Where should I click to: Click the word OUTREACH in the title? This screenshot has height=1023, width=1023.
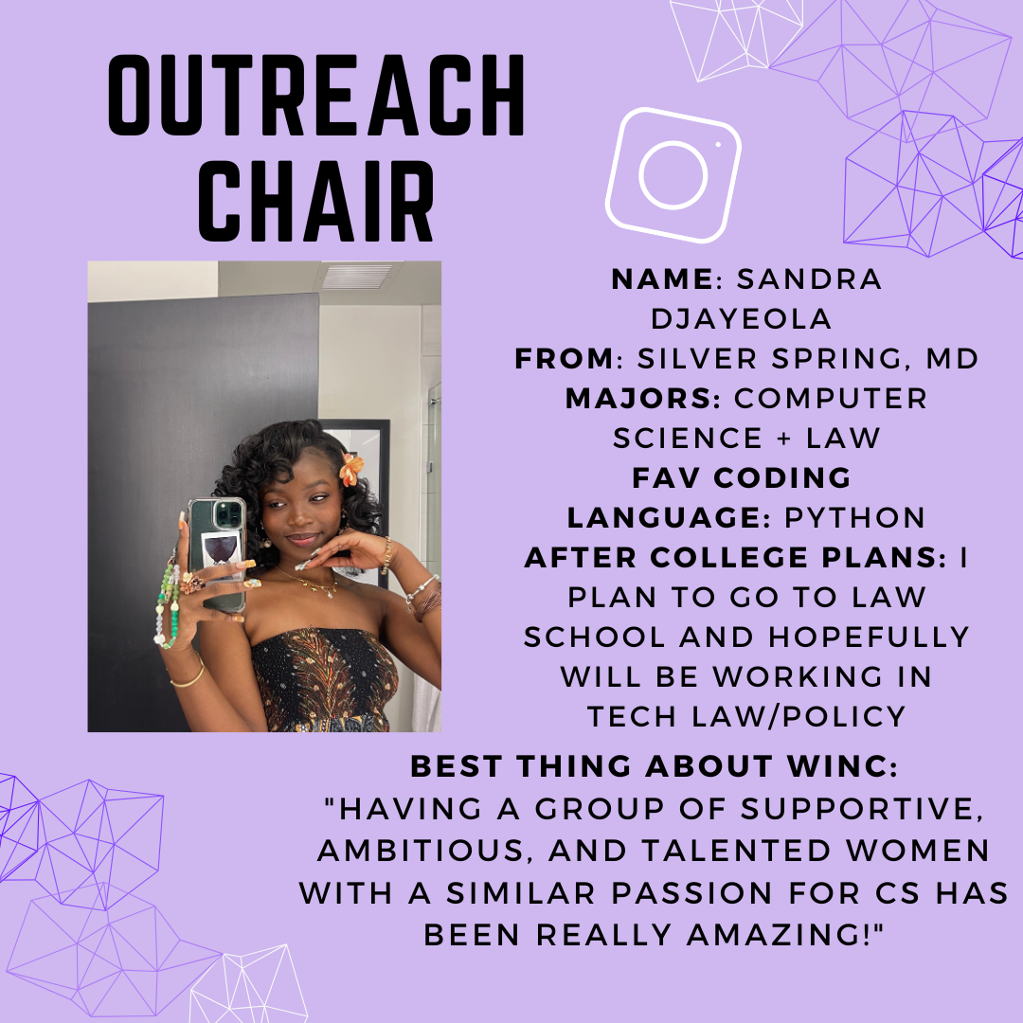pos(316,96)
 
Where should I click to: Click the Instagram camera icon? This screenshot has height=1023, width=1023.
pos(673,175)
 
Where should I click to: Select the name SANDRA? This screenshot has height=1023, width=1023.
pos(809,279)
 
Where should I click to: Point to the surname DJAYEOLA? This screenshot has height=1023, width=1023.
pos(741,319)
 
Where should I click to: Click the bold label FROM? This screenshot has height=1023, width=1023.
pos(564,359)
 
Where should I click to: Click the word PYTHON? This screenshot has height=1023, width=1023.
pos(854,518)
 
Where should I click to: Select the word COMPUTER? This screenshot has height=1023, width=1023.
pos(831,399)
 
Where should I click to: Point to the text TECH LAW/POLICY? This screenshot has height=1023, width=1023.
pos(746,717)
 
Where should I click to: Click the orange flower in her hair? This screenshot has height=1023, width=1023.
pos(351,469)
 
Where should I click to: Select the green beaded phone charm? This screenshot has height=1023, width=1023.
pos(168,603)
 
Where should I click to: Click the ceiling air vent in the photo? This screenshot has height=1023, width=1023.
pos(356,277)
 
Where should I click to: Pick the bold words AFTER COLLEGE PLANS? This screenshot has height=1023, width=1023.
pos(730,558)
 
